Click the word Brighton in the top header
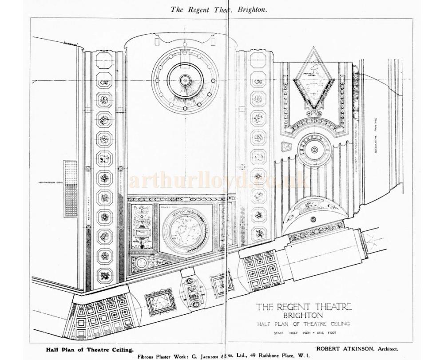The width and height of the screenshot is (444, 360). tap(251, 9)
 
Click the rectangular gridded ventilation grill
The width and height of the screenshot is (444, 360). tap(71, 189)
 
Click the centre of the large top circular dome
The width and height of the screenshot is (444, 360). tap(185, 80)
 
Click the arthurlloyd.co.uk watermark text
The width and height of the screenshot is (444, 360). tap(218, 181)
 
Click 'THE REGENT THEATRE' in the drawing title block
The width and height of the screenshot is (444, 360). tap(304, 306)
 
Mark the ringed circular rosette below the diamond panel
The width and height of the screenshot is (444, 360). tap(314, 150)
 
